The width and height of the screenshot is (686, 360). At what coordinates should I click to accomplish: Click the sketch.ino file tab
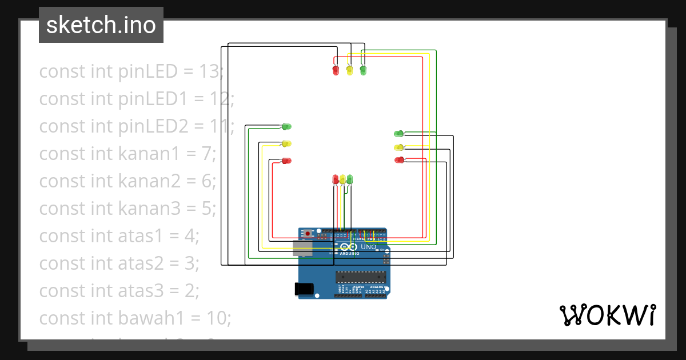[101, 25]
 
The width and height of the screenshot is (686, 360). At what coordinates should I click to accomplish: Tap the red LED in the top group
[336, 70]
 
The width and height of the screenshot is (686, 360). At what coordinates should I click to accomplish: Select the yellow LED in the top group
[349, 70]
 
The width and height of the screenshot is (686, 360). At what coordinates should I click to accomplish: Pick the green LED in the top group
[363, 70]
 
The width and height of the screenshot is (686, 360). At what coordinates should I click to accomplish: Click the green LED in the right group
[398, 134]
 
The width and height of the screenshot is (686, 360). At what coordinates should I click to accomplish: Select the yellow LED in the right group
[398, 147]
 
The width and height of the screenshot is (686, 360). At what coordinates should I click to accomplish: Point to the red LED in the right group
[398, 160]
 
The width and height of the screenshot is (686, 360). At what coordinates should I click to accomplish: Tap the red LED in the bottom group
[336, 179]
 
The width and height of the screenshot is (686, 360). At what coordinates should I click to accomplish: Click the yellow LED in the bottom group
[342, 179]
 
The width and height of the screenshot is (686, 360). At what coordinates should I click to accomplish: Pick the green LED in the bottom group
[350, 179]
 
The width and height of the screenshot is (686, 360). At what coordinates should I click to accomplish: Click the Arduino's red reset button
[308, 233]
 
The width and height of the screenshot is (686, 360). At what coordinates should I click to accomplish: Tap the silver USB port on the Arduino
[302, 247]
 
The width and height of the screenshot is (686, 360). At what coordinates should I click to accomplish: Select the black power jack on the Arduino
[304, 289]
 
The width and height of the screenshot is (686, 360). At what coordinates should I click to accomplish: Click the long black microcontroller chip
[362, 277]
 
